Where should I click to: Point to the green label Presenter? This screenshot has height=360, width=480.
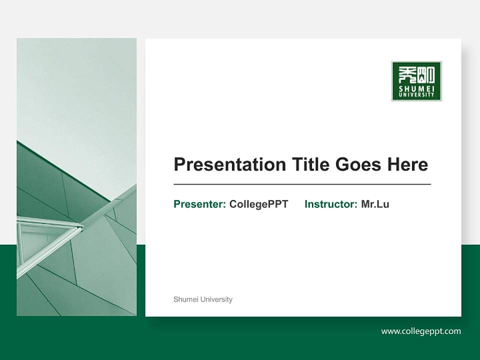coord(199,204)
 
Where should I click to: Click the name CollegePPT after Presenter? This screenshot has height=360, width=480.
coord(258,204)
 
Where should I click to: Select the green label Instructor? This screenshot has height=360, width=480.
coord(330,204)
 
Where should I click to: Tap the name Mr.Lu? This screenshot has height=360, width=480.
coord(375,204)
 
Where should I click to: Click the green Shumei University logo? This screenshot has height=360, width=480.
coord(416,81)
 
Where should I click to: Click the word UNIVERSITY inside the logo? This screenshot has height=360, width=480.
coord(416,95)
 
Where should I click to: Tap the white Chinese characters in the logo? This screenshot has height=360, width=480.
coord(416,74)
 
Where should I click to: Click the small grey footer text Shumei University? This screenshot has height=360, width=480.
coord(202,299)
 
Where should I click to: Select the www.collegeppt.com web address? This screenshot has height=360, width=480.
coord(420,331)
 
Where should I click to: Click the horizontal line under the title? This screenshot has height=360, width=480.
coord(302,184)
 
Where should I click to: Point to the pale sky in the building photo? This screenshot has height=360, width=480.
coord(75,90)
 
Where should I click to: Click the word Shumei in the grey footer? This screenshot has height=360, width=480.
coord(183,299)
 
